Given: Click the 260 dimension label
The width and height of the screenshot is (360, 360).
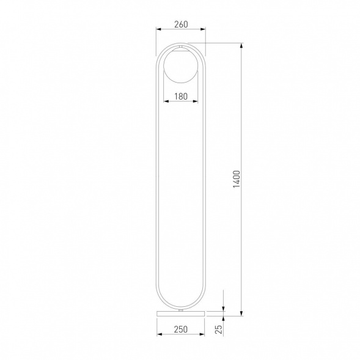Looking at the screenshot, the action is [181, 24].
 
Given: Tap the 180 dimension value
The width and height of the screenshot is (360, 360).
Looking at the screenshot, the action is [181, 97].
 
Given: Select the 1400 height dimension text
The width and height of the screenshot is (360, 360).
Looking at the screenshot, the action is [237, 179].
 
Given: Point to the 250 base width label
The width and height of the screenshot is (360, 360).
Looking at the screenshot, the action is [181, 329].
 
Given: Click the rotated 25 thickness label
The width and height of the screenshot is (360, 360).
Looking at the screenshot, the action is [219, 329].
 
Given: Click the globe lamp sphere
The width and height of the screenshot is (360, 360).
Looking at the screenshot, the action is [181, 65].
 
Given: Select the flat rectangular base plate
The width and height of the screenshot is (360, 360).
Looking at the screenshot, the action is [180, 314].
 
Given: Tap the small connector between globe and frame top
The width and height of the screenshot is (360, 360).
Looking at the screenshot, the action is [181, 47].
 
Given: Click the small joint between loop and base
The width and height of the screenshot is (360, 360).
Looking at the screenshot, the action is [181, 310].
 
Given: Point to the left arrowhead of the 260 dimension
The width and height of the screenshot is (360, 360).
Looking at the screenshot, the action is [159, 29].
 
